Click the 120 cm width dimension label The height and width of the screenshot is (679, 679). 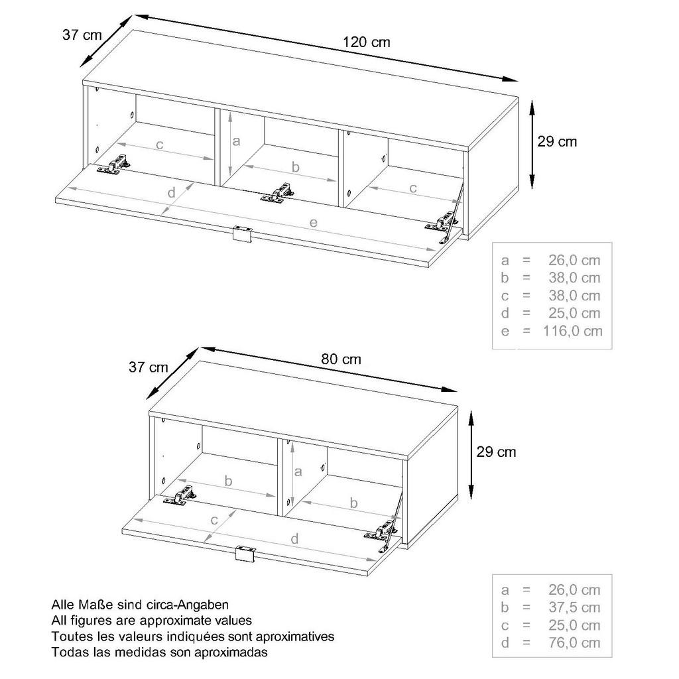tap(367, 42)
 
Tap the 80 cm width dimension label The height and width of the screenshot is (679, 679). tap(341, 359)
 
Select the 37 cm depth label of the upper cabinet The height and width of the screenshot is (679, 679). tap(82, 34)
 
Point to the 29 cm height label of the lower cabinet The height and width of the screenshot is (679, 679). tap(496, 452)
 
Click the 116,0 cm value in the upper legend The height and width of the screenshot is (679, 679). tap(572, 331)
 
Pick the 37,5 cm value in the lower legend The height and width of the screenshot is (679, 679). tap(574, 607)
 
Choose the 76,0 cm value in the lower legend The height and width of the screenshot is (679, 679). tap(574, 643)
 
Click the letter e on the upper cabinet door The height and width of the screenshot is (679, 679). tap(314, 223)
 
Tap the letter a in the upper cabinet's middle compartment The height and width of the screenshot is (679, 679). tap(236, 141)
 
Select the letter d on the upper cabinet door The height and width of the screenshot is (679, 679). tap(172, 192)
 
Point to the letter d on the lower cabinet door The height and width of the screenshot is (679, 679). tap(294, 538)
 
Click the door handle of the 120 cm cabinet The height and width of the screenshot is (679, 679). tap(241, 234)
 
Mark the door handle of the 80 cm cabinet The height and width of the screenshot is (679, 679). tap(245, 554)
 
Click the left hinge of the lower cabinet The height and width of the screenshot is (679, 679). tap(180, 495)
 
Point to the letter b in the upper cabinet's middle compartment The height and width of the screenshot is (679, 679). tap(295, 166)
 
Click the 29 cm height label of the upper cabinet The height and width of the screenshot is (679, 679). tap(557, 142)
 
